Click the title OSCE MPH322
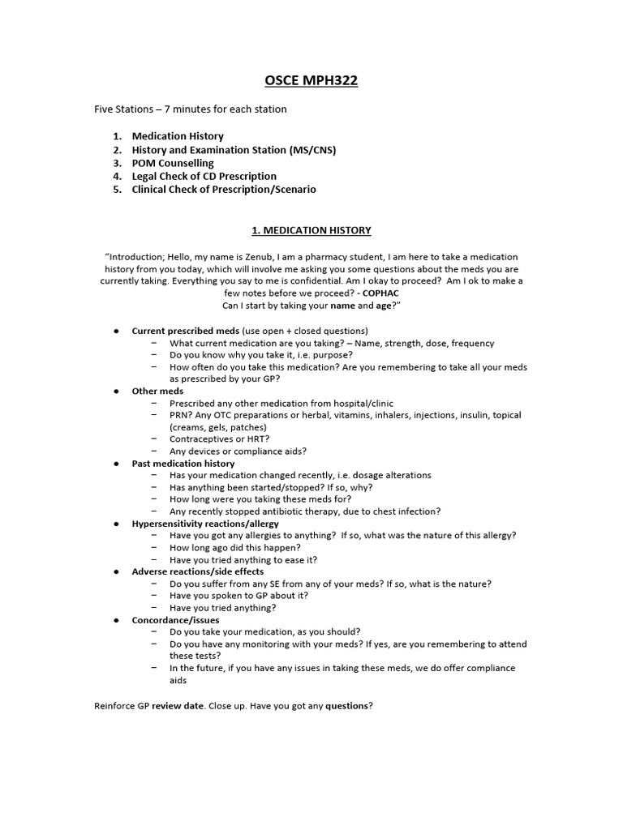(311, 80)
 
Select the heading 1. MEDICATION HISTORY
(311, 230)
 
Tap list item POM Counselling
(173, 163)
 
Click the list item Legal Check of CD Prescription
(204, 176)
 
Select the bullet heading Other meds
(157, 391)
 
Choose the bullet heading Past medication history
(183, 464)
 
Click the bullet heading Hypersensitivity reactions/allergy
(205, 524)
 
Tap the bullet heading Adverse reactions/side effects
(197, 571)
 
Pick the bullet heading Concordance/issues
(175, 620)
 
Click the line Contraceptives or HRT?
(219, 439)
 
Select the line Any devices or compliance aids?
(238, 451)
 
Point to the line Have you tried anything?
(222, 608)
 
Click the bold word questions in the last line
(346, 706)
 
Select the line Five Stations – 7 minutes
(191, 109)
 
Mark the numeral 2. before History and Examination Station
(117, 150)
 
